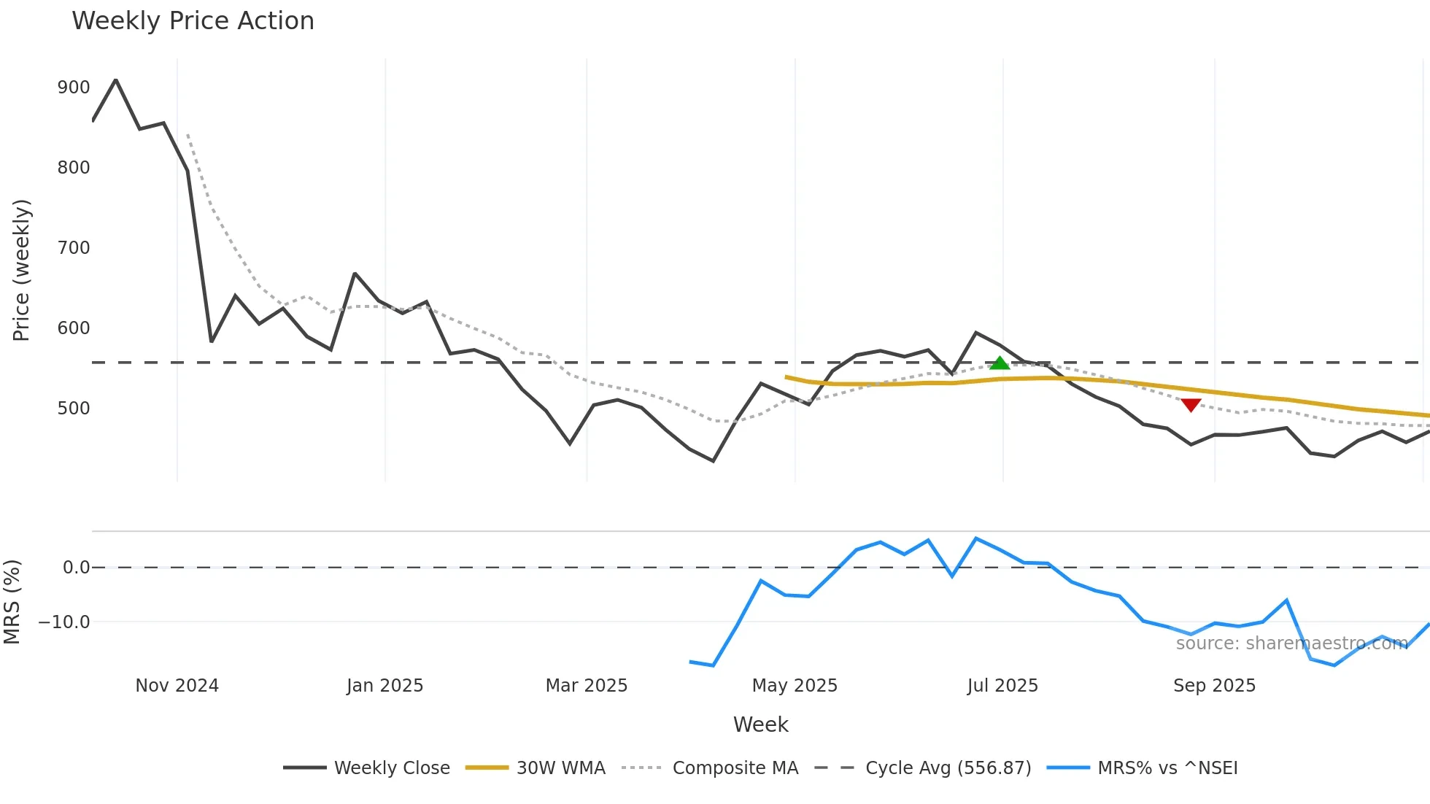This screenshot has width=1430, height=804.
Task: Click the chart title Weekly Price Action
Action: [193, 21]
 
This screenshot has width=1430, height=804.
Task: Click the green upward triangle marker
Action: [1000, 363]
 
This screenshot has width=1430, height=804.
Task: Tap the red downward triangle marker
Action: [1191, 405]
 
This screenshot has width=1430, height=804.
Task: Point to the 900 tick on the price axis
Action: [73, 88]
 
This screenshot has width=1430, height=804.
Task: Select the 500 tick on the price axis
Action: [73, 409]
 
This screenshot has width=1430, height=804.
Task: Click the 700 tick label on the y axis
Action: [73, 248]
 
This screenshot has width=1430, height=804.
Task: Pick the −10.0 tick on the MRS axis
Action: [64, 622]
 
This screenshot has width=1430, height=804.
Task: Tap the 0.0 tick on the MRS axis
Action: [76, 568]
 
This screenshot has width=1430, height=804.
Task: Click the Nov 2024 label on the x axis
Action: [177, 686]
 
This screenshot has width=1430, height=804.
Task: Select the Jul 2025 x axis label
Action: [1002, 686]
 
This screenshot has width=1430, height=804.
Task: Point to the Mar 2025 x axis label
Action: [587, 686]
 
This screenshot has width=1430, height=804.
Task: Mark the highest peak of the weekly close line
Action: [116, 80]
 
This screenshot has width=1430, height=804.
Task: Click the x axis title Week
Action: [760, 724]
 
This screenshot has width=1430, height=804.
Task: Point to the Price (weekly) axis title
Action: [21, 270]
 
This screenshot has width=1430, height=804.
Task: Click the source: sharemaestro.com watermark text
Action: [1291, 643]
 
